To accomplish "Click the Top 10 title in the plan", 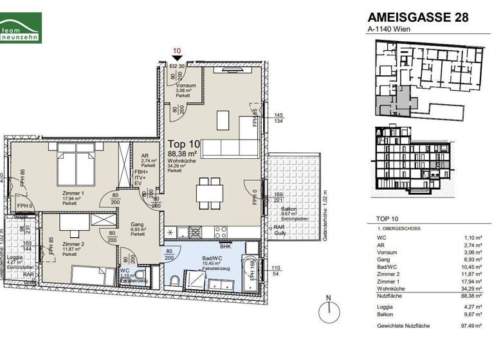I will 184,144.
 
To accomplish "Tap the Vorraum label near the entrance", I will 186,85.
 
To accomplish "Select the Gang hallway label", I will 136,224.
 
